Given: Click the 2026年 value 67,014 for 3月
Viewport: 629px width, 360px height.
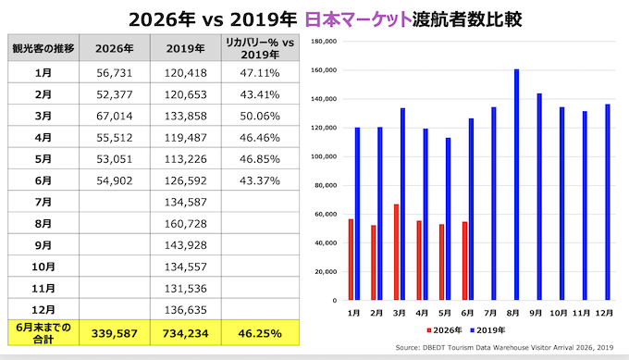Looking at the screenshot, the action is click(x=115, y=116).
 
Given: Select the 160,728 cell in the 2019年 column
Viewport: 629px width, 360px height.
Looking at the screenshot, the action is click(x=185, y=224).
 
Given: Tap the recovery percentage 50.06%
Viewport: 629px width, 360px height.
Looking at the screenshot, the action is click(x=260, y=116).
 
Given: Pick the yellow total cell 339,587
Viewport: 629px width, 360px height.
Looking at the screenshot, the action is click(x=115, y=333).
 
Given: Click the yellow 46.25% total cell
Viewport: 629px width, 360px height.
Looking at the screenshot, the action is click(x=260, y=333).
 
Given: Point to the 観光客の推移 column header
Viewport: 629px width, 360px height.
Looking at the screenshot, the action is click(x=43, y=48).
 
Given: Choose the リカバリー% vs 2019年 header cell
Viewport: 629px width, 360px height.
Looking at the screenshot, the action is click(x=260, y=48).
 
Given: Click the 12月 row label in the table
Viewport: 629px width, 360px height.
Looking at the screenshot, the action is click(x=43, y=310).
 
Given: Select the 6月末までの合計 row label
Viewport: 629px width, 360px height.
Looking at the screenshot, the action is click(x=43, y=333).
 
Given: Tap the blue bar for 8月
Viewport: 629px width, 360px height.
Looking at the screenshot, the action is click(x=516, y=184).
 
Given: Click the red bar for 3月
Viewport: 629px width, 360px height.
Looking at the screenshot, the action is click(x=396, y=252).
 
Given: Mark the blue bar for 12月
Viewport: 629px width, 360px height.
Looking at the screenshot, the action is click(x=608, y=202).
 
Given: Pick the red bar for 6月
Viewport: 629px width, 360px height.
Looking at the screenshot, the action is click(x=464, y=261).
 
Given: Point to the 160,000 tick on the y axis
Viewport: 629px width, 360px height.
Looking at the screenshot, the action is click(x=324, y=70).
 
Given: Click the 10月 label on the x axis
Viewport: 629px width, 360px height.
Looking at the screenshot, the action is click(x=559, y=313).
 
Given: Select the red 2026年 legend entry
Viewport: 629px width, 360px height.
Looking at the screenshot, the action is click(x=445, y=330).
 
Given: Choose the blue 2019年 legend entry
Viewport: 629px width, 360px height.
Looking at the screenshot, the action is click(x=487, y=330).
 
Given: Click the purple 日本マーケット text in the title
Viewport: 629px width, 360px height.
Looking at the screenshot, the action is click(x=358, y=19).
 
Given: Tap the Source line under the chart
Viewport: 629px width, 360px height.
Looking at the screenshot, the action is click(x=504, y=348).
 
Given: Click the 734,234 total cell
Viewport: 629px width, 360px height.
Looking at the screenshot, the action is click(x=185, y=333).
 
